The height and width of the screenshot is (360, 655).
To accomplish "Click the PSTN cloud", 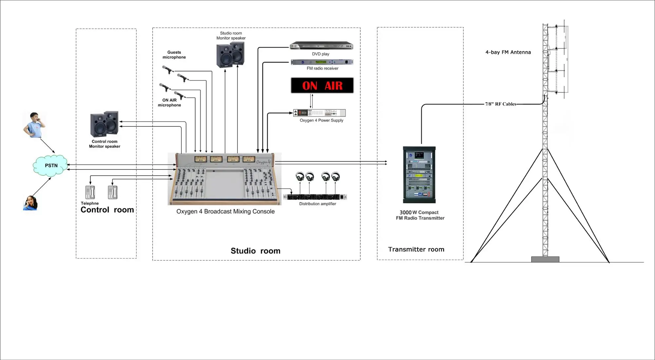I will click(x=51, y=165).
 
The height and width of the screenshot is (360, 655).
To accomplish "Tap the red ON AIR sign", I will click(x=322, y=85).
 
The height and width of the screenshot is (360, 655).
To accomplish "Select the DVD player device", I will click(x=321, y=46).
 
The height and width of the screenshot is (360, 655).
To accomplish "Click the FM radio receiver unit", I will click(x=322, y=62).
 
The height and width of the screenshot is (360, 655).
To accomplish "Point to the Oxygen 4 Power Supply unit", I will click(x=319, y=113).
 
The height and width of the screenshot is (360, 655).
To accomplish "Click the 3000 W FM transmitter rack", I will click(x=419, y=175).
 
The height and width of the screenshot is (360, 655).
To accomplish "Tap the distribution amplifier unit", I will click(x=315, y=197).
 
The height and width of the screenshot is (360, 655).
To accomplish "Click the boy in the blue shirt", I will click(x=34, y=125).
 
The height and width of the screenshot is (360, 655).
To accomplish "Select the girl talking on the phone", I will click(x=30, y=203).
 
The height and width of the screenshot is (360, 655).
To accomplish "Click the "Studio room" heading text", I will click(x=255, y=251).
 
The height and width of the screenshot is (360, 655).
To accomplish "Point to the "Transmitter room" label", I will click(x=416, y=249).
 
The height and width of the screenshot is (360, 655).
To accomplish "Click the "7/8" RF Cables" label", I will click(x=500, y=104).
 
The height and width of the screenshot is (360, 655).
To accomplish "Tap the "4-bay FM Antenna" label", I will click(x=508, y=52).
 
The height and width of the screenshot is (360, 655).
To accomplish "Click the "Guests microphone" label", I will click(x=174, y=55).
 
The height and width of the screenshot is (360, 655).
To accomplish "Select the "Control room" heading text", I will click(x=107, y=210).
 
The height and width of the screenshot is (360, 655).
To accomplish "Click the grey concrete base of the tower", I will click(x=545, y=259).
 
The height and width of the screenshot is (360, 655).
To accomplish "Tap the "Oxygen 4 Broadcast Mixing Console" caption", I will click(x=225, y=212).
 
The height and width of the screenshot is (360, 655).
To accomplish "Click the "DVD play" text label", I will click(x=321, y=54).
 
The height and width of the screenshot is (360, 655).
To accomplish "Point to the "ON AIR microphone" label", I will click(x=169, y=103).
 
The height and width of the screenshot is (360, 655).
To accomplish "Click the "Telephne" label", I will click(x=90, y=203).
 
